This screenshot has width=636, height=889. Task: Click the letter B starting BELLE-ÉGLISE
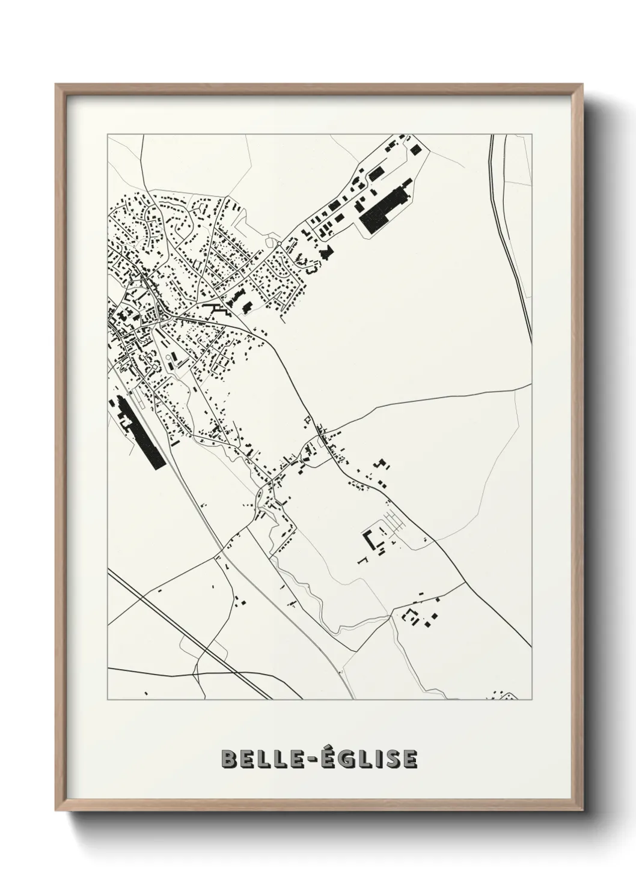click(230, 759)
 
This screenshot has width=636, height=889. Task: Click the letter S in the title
click(391, 759)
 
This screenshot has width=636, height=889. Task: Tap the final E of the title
click(409, 759)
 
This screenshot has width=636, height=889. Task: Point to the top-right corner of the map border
click(531, 135)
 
